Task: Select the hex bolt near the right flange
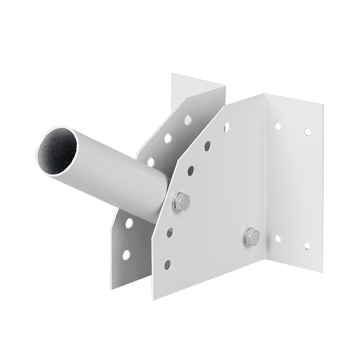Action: [251, 235]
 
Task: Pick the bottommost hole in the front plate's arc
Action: [167, 265]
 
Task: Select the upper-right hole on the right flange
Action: [307, 131]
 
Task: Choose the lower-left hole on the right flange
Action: [278, 238]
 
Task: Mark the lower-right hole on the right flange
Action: [307, 246]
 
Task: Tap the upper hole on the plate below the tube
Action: [130, 222]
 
